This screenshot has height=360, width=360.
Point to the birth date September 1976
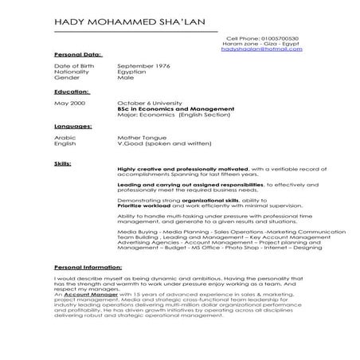[144, 65]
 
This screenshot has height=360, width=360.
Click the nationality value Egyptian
[131, 72]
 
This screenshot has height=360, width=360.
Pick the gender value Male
[126, 77]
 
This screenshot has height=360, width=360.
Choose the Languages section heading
[72, 126]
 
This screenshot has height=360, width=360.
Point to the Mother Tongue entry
[141, 137]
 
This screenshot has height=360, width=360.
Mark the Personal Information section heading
[88, 268]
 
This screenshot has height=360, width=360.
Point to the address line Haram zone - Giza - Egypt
[264, 43]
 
